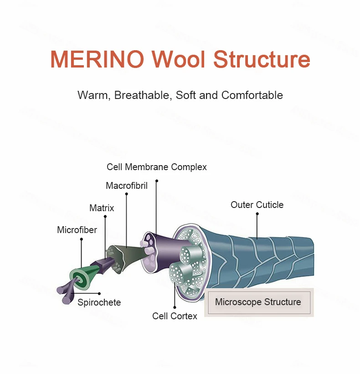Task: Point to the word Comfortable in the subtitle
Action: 252,95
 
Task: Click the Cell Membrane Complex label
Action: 157,167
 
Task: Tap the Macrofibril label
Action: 127,186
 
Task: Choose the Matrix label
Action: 102,208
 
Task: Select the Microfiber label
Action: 77,230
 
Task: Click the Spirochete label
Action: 99,302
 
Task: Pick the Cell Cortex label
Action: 175,316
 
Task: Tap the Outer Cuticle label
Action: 257,205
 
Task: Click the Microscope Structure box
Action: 258,302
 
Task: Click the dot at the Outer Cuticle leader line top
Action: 257,213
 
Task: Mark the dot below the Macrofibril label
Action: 126,194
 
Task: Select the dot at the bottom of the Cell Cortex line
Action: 175,307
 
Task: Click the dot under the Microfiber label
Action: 81,239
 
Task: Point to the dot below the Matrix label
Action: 105,216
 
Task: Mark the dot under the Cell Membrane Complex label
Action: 156,181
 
